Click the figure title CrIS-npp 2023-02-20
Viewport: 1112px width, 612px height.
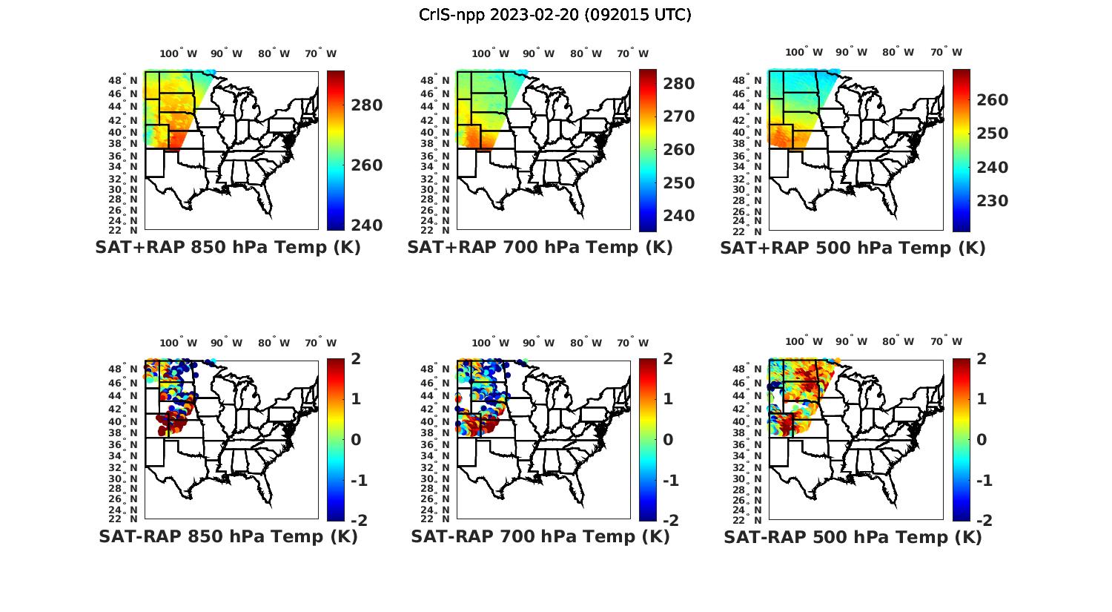click(x=555, y=15)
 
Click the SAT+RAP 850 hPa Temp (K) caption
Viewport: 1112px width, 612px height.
click(x=228, y=248)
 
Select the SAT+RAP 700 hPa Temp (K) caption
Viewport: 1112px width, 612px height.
click(x=540, y=248)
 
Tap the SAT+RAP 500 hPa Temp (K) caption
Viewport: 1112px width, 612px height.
click(x=853, y=248)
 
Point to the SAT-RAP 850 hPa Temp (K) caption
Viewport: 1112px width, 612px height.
click(x=228, y=536)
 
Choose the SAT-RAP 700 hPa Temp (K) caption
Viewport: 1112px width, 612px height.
click(x=540, y=536)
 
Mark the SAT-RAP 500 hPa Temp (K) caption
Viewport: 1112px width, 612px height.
click(x=853, y=536)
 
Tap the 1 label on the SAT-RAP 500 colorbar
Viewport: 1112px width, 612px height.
click(x=982, y=399)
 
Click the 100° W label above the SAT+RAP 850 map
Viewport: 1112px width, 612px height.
click(x=178, y=53)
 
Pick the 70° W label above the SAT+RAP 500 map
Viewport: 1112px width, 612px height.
click(x=947, y=52)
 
